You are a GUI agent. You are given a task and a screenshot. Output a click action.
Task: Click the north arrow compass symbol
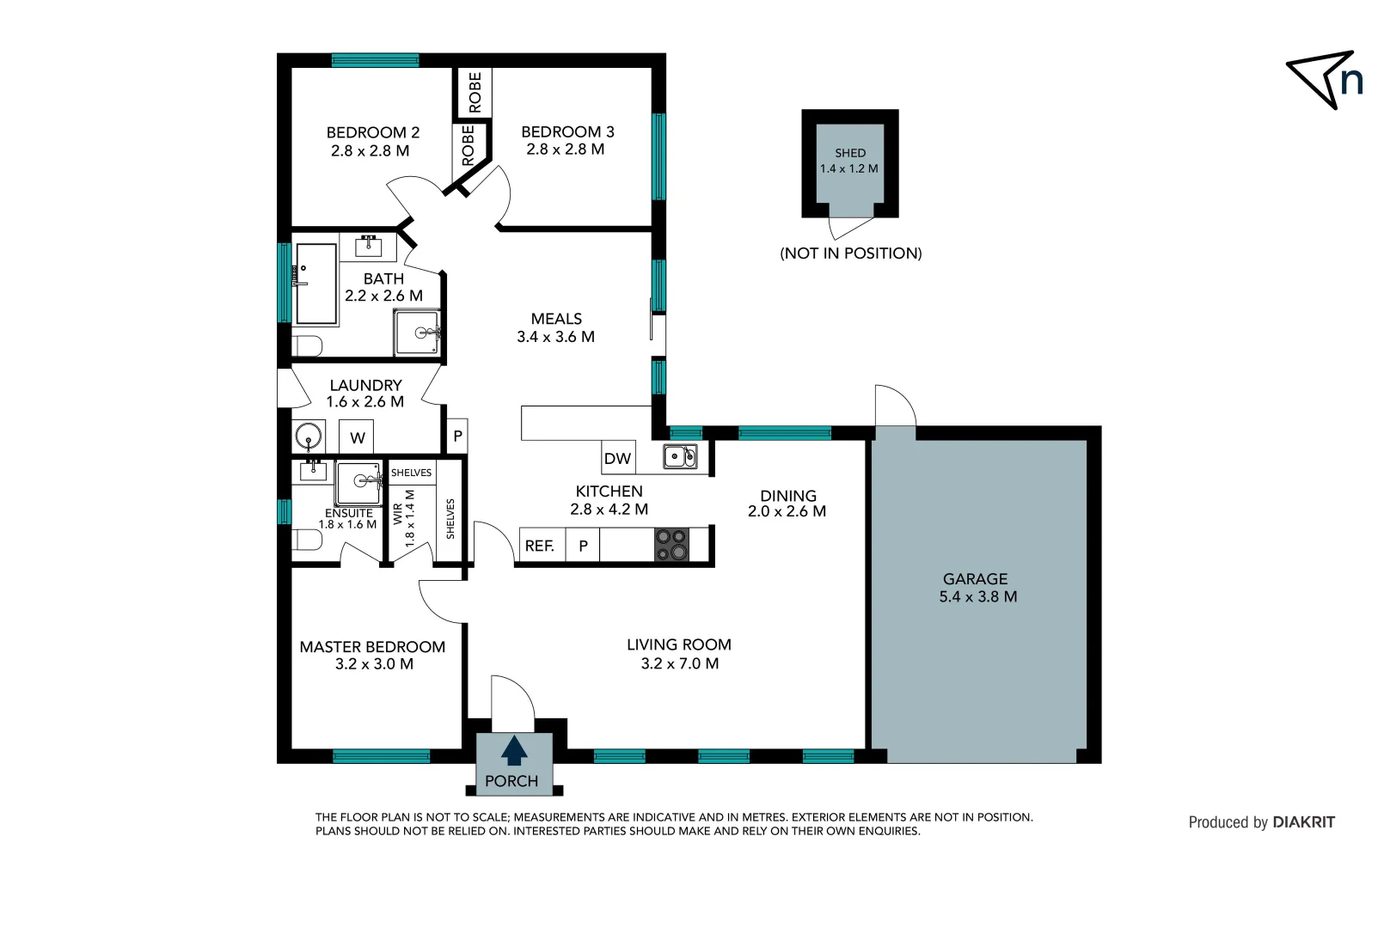click(x=1324, y=79)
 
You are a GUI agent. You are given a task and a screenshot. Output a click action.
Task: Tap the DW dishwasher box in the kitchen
click(x=617, y=458)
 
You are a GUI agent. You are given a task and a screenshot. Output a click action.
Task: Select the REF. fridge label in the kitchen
click(x=540, y=546)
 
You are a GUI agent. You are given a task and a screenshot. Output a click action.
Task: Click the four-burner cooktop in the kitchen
click(x=671, y=545)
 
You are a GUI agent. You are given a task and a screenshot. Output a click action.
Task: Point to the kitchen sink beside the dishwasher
click(x=680, y=456)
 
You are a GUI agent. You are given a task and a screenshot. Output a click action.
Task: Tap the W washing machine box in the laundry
click(x=358, y=437)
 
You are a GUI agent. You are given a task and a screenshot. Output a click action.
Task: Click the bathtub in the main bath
click(x=315, y=284)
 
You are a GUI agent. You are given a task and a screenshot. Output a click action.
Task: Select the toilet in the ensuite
click(x=306, y=540)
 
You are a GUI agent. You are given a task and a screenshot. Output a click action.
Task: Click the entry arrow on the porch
click(x=514, y=750)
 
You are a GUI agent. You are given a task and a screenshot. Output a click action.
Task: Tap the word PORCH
click(x=511, y=781)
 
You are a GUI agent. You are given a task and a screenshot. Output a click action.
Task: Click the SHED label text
click(x=850, y=153)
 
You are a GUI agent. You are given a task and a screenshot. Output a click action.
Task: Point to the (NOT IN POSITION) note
click(x=850, y=253)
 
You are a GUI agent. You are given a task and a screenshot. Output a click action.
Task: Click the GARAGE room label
click(x=975, y=579)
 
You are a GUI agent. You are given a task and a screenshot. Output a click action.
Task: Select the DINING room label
click(x=787, y=496)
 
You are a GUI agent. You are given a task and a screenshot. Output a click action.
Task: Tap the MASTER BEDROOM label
click(x=372, y=647)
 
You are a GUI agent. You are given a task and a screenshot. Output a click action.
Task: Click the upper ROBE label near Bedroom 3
click(x=475, y=92)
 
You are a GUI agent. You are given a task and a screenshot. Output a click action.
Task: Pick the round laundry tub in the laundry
click(x=309, y=437)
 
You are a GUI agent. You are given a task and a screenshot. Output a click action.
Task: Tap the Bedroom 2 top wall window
click(x=375, y=60)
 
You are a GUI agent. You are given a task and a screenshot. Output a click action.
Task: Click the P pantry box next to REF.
click(x=583, y=546)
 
